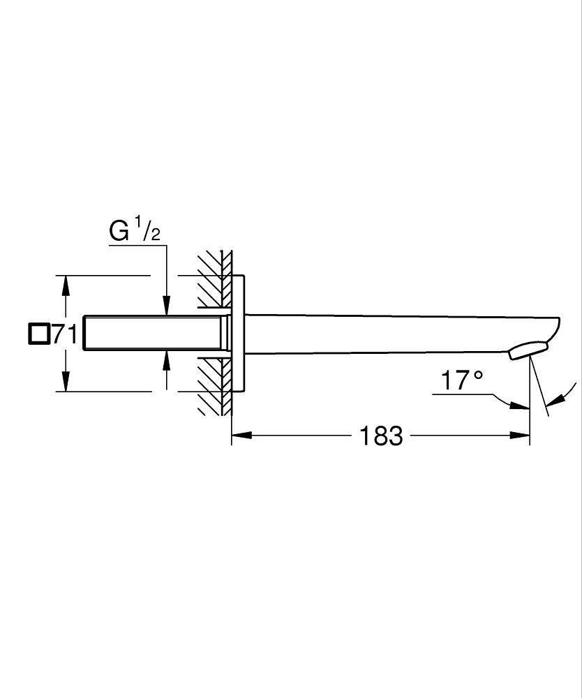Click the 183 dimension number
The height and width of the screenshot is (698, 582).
click(x=381, y=436)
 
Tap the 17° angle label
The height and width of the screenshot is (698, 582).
click(x=461, y=380)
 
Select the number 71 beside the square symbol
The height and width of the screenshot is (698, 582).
click(x=65, y=334)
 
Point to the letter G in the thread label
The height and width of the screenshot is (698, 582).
click(x=119, y=231)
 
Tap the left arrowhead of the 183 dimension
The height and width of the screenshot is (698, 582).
click(x=241, y=435)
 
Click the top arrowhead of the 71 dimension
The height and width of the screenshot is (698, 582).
click(x=66, y=285)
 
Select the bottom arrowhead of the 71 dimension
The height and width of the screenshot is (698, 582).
click(x=66, y=382)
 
